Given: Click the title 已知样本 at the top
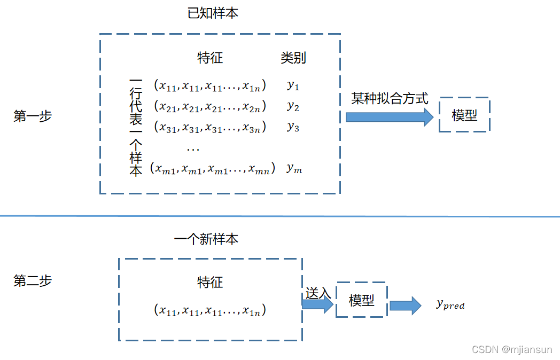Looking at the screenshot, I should [213, 13].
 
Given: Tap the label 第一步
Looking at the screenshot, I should [33, 116].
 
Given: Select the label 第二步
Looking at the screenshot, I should [33, 281].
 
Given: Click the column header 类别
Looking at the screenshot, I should [293, 58].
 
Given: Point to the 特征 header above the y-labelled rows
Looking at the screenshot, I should [210, 58].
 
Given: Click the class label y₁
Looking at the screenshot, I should [293, 85].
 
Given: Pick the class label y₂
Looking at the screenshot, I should [293, 106].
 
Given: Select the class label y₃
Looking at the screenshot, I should [293, 127].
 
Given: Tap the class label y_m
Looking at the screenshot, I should [294, 168].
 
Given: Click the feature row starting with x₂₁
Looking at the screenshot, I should [209, 106].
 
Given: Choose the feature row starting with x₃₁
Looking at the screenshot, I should [209, 127].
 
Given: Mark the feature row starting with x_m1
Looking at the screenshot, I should [213, 169].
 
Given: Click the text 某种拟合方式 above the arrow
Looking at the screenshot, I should [390, 99].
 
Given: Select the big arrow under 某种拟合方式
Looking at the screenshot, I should [390, 117].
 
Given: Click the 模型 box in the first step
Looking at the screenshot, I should [464, 115].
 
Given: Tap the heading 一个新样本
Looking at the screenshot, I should [206, 239].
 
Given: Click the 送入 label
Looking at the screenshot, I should [318, 293].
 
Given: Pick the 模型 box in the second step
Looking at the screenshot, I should [361, 300].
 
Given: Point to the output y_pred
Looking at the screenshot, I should [450, 305].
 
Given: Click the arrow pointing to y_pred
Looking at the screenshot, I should [405, 305].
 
